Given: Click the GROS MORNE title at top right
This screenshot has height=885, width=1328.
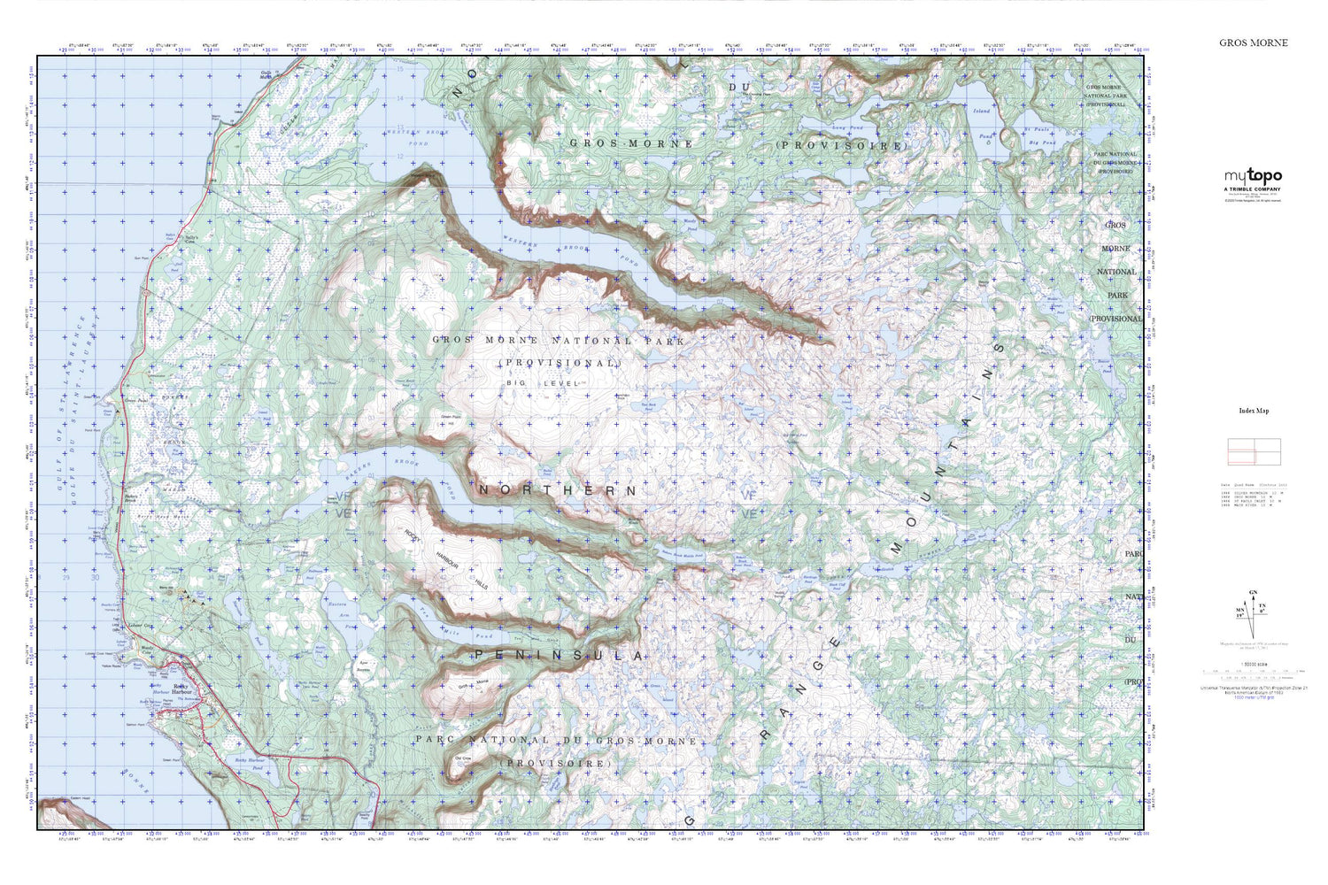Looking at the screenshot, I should [x=1253, y=42].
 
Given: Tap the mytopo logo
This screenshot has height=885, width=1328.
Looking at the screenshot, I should [x=1253, y=175].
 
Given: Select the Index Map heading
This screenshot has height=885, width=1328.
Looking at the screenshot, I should [x=1253, y=411].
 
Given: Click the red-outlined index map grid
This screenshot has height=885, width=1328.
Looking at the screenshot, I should [x=1254, y=451].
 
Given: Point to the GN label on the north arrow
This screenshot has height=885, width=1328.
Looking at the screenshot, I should [x=1252, y=592].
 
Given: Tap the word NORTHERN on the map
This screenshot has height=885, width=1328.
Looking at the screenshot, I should [x=557, y=490].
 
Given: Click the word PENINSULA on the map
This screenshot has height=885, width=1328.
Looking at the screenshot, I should [x=558, y=656].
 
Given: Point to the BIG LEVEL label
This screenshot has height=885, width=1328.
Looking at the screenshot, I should [x=540, y=382].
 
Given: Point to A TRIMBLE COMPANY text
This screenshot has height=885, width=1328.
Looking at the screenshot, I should [x=1253, y=189].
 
